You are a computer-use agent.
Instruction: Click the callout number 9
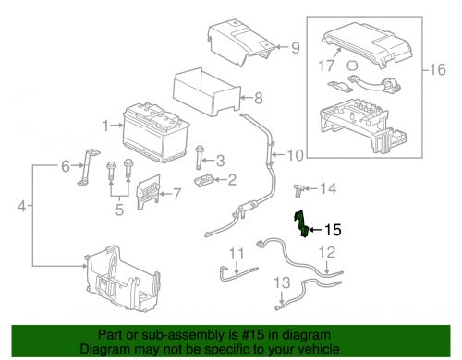point(296,48)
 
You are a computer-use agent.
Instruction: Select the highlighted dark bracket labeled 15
point(301,223)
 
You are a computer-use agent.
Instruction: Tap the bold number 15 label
point(333,230)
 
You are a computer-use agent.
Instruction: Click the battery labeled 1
point(156,132)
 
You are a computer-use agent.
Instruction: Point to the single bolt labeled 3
point(199,157)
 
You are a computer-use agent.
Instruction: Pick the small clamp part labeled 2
point(204,180)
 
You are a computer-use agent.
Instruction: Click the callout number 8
point(258,98)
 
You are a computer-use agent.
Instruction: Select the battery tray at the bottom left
point(123,279)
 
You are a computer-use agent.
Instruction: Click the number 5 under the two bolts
point(119,210)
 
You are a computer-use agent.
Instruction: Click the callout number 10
point(295,155)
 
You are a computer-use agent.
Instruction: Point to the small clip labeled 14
point(299,191)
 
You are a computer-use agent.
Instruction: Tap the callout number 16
point(437,69)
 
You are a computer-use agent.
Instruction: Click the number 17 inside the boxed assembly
point(326,66)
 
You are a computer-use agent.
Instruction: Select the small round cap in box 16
point(352,66)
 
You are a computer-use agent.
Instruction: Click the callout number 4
point(21,206)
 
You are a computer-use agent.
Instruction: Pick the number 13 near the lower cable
point(282,282)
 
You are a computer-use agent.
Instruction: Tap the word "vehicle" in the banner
point(319,349)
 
